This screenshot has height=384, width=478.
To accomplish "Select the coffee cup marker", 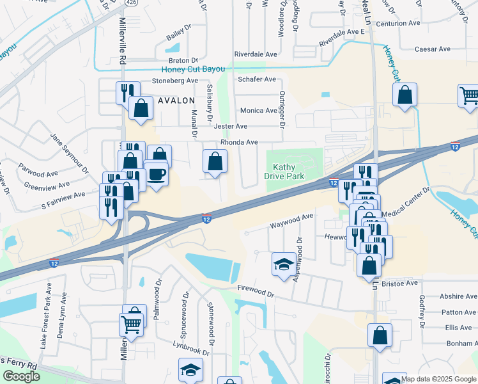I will click(155, 174).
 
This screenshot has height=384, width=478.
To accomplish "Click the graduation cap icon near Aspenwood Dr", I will click(284, 264).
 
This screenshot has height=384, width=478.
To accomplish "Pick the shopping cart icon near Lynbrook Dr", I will click(131, 324).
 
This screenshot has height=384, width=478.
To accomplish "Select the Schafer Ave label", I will click(256, 79).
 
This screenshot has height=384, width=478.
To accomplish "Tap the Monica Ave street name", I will click(258, 110).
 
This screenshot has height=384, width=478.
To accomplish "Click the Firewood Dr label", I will click(255, 292).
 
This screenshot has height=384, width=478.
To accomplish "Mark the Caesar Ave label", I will click(433, 49).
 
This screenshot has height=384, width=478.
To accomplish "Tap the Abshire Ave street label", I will click(458, 296).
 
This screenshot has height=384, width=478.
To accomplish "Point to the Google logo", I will click(21, 376).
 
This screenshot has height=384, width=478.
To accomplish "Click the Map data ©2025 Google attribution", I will click(438, 379).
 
